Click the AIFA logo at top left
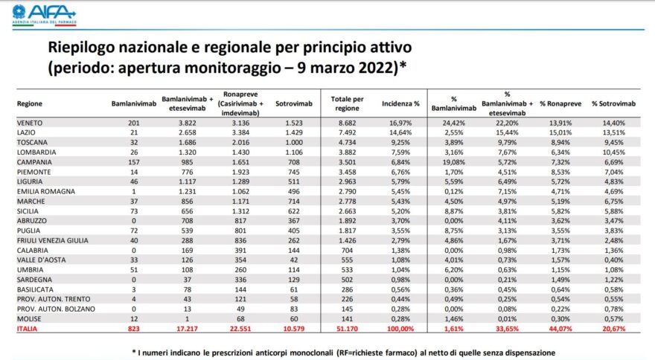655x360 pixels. coord(45,13)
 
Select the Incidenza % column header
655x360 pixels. coord(400,103)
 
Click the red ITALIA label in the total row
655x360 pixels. coord(27,327)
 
